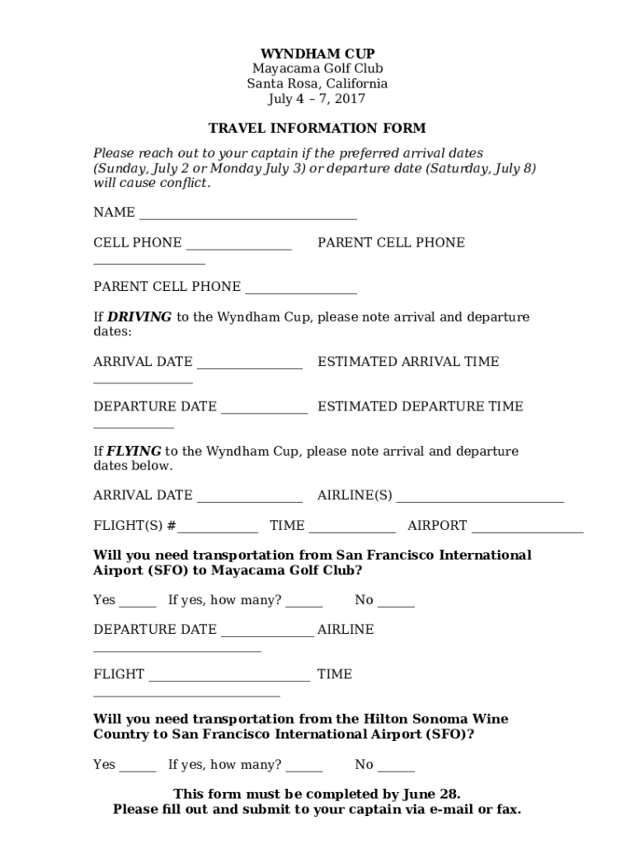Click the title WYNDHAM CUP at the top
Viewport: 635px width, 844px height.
click(x=317, y=54)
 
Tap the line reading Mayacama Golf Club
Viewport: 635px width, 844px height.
click(x=317, y=68)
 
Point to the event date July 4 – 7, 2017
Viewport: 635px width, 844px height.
click(x=317, y=99)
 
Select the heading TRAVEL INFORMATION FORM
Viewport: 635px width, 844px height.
click(x=317, y=128)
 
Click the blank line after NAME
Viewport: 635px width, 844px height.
click(x=247, y=217)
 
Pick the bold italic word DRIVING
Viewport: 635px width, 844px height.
click(x=139, y=317)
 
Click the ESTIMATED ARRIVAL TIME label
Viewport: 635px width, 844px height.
click(x=408, y=362)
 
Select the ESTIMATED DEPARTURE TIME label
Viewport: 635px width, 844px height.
click(x=420, y=406)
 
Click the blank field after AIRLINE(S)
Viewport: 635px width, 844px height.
click(x=480, y=499)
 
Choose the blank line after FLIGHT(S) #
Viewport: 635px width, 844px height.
click(x=218, y=530)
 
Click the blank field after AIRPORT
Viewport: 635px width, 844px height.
click(x=527, y=530)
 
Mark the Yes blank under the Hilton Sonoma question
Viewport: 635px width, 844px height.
click(x=138, y=770)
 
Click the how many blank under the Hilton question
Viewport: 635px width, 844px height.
click(x=304, y=770)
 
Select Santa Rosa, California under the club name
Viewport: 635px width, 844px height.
click(x=317, y=84)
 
